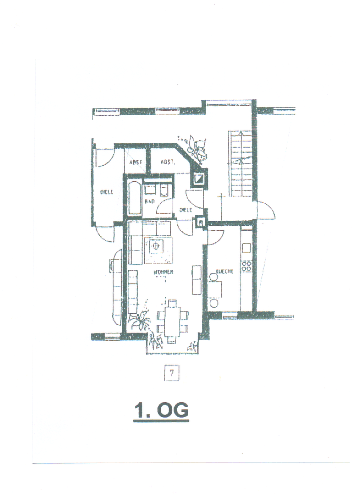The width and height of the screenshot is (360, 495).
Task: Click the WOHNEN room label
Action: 163,272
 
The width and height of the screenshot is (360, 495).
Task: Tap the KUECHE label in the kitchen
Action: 224,271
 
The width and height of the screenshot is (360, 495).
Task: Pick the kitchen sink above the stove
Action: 246,248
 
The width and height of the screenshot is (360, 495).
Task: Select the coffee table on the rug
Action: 155,246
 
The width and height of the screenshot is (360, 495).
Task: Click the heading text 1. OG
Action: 161,411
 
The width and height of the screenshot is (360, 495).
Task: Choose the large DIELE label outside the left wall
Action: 106,192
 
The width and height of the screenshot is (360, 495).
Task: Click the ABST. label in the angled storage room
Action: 167,162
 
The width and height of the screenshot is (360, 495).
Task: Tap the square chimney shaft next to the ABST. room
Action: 200,179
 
